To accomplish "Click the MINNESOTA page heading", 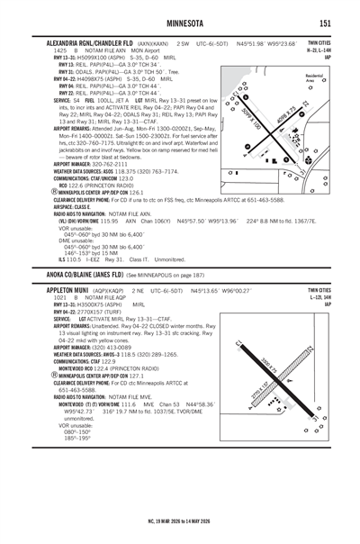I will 179,22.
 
